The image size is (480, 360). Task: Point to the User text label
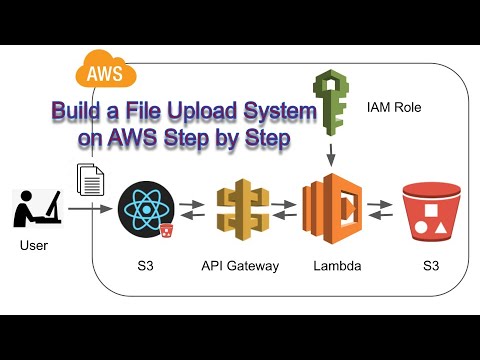click(33, 245)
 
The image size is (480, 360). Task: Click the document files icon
click(91, 180)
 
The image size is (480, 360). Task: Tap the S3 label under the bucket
click(429, 265)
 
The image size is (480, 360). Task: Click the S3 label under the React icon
click(146, 265)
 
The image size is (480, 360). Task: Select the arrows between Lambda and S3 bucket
click(380, 209)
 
